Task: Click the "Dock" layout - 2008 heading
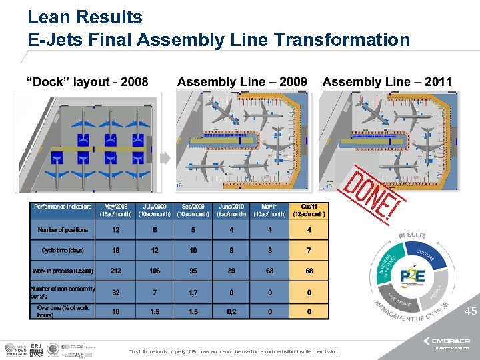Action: coord(87,82)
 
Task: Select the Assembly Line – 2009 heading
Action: coord(242,82)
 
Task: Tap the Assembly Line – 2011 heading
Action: coord(387,82)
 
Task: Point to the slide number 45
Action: coord(471,311)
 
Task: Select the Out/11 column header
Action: coord(309,210)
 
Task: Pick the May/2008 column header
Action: coord(116,210)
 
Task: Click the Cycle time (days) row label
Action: coord(63,250)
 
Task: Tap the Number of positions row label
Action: coord(63,230)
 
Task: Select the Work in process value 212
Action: coord(116,271)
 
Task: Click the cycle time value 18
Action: coord(116,250)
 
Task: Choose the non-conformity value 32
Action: coord(116,292)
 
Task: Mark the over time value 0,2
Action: coord(232,311)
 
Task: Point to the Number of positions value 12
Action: coord(116,230)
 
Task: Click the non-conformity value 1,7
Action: coord(193,292)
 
